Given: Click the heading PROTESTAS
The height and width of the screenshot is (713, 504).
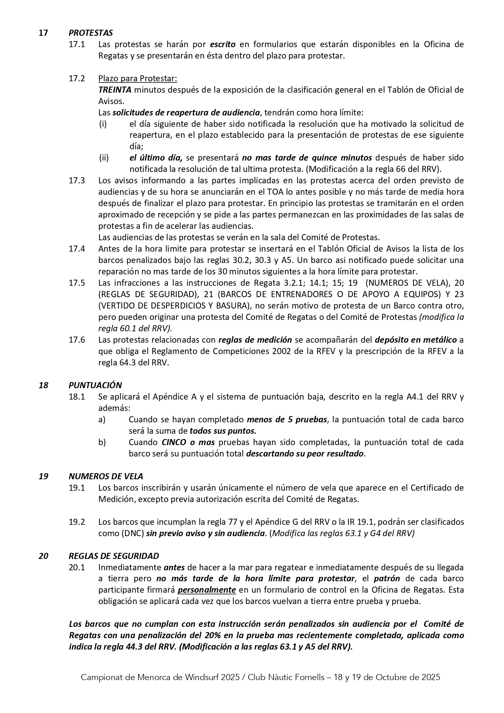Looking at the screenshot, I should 91,33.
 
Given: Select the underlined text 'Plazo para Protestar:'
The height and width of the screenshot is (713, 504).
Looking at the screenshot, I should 138,78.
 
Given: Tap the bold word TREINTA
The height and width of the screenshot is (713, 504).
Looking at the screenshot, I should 115,90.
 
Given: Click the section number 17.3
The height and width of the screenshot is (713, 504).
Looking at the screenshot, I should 77,180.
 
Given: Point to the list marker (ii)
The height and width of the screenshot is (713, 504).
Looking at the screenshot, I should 104,158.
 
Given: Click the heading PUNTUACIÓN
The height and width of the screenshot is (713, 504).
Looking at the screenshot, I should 95,385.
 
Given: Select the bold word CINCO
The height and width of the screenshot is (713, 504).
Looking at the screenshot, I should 173,442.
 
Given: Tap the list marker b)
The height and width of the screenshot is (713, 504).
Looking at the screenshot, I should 102,442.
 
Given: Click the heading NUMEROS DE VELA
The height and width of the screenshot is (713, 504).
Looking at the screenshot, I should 106,476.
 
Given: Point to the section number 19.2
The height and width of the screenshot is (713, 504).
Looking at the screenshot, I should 77,522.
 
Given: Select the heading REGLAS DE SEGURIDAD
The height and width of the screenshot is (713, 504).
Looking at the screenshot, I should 114,556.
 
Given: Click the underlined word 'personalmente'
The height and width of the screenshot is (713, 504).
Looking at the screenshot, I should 207,590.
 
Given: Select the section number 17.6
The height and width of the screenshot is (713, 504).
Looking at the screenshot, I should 77,340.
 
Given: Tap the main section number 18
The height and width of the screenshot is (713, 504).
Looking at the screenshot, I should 43,385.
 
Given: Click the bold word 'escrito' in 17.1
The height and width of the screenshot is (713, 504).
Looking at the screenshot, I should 223,44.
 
